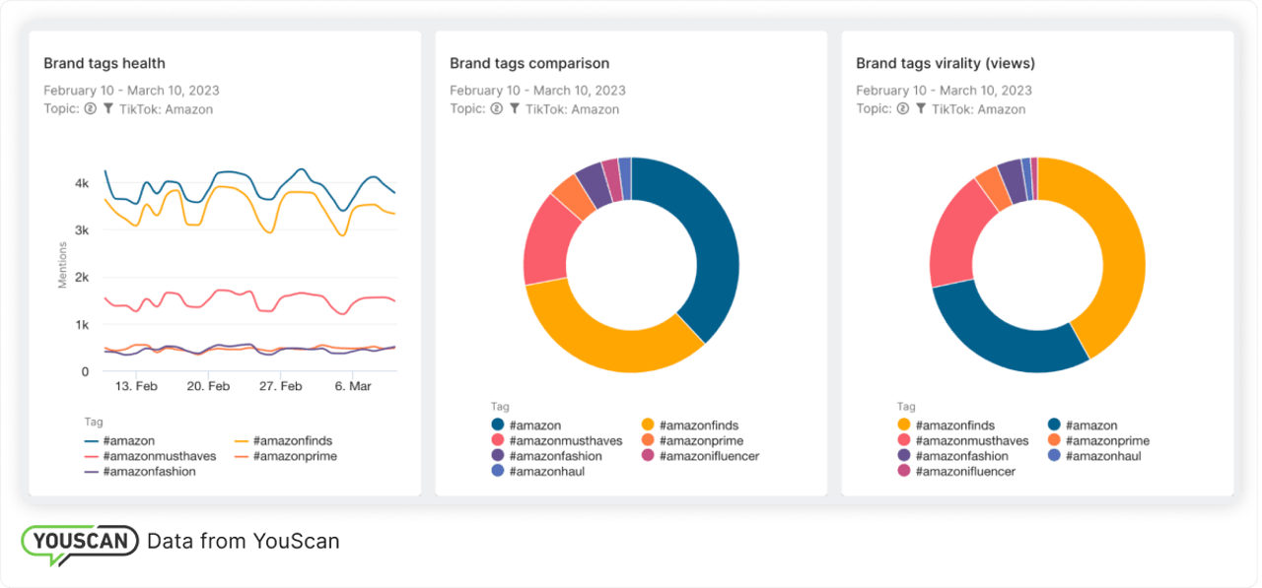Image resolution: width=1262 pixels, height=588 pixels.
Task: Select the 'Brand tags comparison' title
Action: [x=529, y=63]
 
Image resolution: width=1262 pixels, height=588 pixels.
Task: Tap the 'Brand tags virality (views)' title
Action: [x=945, y=63]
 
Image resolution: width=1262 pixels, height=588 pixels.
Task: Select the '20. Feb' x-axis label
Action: [x=208, y=387]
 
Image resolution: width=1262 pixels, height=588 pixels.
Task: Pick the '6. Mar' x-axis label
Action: [x=352, y=387]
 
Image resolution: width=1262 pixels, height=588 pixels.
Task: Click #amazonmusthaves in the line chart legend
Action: [x=150, y=456]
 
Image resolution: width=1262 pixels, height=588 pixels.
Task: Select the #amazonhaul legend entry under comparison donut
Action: [x=538, y=472]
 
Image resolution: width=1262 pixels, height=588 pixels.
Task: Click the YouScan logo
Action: [x=80, y=543]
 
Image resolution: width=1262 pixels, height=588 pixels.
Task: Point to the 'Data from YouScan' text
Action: [x=243, y=541]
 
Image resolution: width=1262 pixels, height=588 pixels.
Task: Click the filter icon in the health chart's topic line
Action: [x=108, y=109]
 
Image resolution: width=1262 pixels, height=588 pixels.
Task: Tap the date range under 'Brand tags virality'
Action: [x=944, y=91]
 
